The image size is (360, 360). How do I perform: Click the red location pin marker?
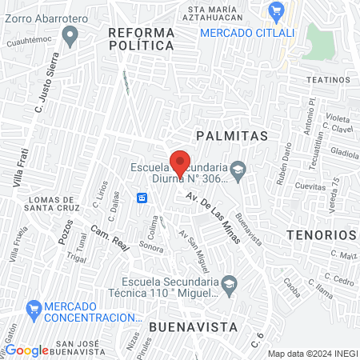point(181,162)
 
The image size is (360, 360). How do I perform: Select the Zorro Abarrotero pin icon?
point(70,34)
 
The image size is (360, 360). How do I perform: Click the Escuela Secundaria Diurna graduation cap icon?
point(238,170)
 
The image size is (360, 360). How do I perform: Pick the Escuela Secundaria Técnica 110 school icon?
point(230,286)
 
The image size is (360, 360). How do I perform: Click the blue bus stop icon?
point(142,197)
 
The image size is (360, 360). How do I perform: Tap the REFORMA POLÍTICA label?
point(141,38)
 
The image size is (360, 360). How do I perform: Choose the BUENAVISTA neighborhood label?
point(193,327)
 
